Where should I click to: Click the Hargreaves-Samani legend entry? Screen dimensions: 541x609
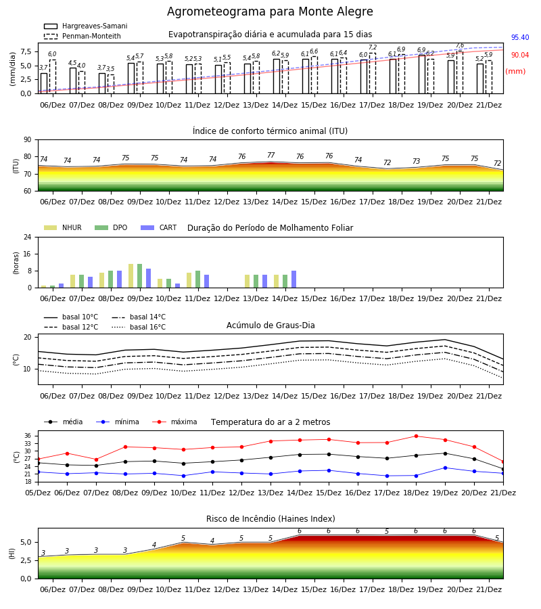[x=85, y=26]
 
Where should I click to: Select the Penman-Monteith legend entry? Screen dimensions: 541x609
[x=83, y=36]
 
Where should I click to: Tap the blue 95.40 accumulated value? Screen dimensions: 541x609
[x=519, y=37]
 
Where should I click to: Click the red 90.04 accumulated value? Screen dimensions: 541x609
[x=519, y=55]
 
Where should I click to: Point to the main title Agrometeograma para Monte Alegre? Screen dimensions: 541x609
[x=270, y=12]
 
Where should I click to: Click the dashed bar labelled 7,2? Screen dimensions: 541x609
[x=372, y=73]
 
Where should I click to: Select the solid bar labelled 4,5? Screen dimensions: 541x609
[x=73, y=81]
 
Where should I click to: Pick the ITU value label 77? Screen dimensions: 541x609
[x=271, y=156]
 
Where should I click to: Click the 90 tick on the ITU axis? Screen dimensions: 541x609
[x=28, y=140]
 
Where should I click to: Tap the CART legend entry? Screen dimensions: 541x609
[x=159, y=227]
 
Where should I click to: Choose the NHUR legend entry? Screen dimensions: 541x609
[x=62, y=227]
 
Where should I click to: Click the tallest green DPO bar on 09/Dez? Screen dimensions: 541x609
[x=140, y=276]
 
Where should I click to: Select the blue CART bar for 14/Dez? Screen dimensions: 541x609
[x=293, y=279]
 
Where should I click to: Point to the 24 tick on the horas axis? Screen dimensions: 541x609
[x=28, y=238]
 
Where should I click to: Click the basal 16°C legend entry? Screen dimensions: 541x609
[x=139, y=327]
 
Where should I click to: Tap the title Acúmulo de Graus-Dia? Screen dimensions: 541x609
[x=270, y=325]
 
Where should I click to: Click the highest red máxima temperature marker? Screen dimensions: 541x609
[x=416, y=436]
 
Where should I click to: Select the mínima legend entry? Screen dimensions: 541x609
[x=118, y=422]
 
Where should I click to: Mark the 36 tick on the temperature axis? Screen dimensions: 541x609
[x=28, y=436]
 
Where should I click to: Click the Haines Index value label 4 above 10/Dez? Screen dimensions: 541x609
[x=154, y=545]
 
